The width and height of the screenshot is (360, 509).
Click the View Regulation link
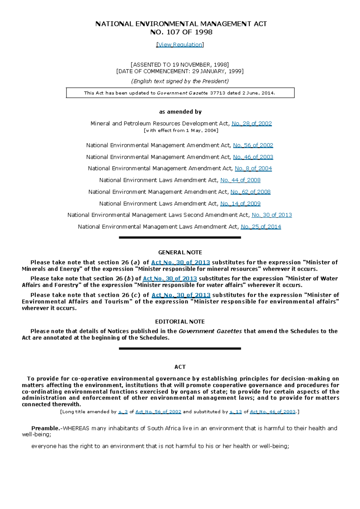(x=180, y=45)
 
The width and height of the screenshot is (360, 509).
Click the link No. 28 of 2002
(x=252, y=124)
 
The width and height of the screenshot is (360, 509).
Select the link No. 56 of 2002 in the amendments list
(x=253, y=145)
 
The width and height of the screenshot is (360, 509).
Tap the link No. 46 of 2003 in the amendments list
(x=253, y=157)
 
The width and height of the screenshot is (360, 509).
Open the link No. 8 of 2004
(x=253, y=168)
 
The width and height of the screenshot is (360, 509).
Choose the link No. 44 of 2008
(x=240, y=180)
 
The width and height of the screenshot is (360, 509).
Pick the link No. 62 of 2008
(x=250, y=192)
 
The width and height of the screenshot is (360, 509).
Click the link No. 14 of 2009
(x=240, y=204)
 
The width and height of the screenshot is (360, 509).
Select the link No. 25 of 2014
(x=261, y=227)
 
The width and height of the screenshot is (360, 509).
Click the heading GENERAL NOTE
(x=180, y=252)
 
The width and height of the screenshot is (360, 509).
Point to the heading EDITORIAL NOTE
(x=180, y=322)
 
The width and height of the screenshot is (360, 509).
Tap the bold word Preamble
(x=46, y=428)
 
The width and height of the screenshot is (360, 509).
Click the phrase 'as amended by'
(x=180, y=112)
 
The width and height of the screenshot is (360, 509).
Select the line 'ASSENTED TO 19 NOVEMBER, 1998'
(x=180, y=65)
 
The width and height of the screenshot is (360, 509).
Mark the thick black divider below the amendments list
(x=180, y=237)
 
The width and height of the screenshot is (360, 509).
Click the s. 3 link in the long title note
(x=123, y=412)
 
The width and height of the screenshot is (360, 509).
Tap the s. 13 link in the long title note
(x=235, y=412)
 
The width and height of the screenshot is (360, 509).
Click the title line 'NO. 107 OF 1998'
(x=181, y=32)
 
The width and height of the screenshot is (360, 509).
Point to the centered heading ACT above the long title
(x=180, y=367)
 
